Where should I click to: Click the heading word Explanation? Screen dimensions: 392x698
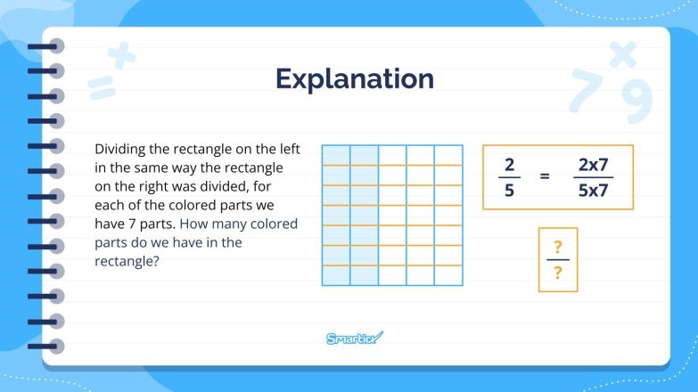coord(354,78)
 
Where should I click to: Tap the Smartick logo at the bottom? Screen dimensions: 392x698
coord(354,338)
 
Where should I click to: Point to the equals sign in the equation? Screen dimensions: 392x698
coord(545,176)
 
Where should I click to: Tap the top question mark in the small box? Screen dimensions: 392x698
coord(558,246)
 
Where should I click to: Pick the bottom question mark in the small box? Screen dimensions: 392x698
coord(558,274)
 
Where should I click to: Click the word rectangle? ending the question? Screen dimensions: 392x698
coord(127,261)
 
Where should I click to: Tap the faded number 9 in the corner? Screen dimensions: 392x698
coord(636,103)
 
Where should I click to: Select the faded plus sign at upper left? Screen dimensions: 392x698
coord(122,57)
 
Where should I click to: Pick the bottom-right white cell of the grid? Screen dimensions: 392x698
coord(448,275)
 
